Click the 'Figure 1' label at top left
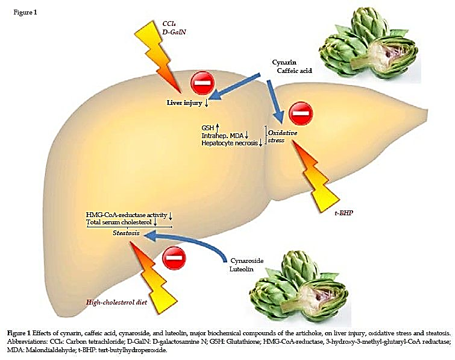pyautogui.click(x=25, y=13)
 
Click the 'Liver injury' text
pyautogui.click(x=184, y=103)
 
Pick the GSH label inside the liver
pyautogui.click(x=208, y=128)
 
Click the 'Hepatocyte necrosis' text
pyautogui.click(x=229, y=143)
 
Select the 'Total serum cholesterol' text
pyautogui.click(x=120, y=223)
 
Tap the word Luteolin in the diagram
pyautogui.click(x=243, y=270)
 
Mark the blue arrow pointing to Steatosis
pyautogui.click(x=181, y=244)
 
